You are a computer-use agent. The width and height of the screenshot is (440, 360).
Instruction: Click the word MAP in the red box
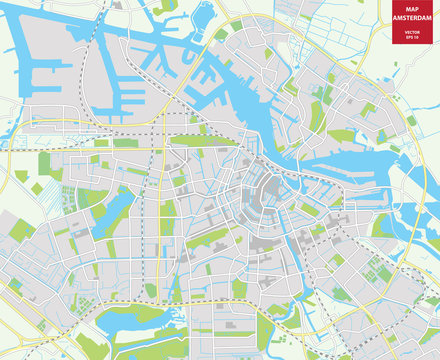tap(405, 12)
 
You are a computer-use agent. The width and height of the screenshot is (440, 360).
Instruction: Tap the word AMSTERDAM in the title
tap(405, 21)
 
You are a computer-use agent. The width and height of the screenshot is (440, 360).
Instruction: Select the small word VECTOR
tap(405, 34)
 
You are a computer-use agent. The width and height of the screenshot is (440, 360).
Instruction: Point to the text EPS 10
tap(405, 41)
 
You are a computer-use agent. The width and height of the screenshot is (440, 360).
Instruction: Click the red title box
tap(405, 25)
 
